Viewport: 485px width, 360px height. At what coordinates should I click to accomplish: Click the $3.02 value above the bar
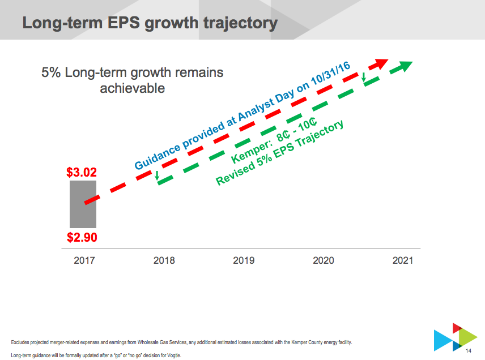coord(82,172)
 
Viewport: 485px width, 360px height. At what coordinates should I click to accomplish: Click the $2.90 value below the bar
coord(82,237)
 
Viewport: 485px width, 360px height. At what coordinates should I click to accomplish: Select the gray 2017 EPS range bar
coord(83,204)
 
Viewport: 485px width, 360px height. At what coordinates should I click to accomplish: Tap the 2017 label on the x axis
coord(84,260)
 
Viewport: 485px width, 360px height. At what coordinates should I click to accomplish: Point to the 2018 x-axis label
coord(164,260)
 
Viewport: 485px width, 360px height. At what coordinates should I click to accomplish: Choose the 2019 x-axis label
coord(244,260)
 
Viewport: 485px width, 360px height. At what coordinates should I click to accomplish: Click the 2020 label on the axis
coord(324,260)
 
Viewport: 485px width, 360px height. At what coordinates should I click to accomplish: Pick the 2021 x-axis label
coord(403,260)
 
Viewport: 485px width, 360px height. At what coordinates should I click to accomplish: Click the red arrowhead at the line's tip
coord(381,63)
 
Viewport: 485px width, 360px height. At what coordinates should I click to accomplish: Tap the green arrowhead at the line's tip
coord(406,66)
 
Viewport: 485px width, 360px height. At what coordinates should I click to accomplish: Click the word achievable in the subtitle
coord(133,88)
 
